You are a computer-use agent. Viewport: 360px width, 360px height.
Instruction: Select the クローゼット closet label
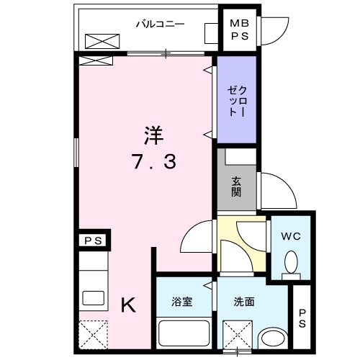(237, 102)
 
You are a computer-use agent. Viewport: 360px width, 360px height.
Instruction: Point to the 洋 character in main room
(153, 134)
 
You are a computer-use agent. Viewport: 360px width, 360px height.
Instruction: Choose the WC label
(291, 235)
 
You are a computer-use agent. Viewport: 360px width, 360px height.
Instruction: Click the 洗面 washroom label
(243, 302)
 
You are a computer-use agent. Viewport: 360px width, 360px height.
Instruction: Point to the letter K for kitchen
(127, 305)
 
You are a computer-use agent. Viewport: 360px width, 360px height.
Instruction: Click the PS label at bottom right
(302, 318)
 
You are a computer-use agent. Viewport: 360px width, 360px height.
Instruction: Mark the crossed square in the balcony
(99, 41)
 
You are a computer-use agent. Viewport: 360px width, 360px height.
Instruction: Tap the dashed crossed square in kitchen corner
(92, 334)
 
